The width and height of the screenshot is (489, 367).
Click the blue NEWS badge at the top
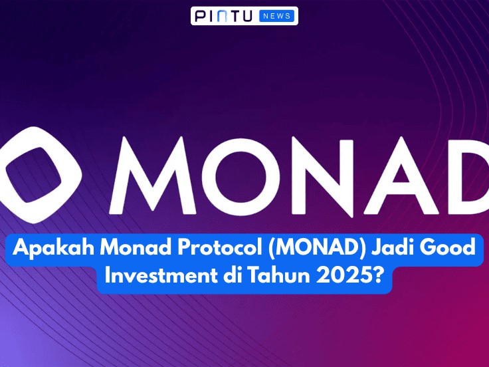pyautogui.click(x=278, y=16)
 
